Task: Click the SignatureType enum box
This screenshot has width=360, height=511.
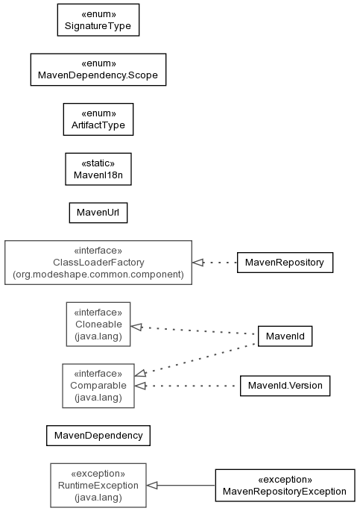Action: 98,20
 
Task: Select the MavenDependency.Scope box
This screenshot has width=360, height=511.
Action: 98,69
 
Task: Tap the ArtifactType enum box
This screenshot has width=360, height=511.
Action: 98,119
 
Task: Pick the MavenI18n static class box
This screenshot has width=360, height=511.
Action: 98,169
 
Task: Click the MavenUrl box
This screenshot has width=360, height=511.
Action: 98,213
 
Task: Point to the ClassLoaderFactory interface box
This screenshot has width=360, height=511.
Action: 98,263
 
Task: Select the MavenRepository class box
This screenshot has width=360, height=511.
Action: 285,263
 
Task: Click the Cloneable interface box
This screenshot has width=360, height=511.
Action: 98,325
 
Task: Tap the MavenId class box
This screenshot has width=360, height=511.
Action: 285,336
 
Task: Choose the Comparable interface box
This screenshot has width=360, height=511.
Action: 98,386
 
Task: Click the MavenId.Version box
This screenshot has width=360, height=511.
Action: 285,386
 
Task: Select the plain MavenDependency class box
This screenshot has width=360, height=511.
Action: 98,436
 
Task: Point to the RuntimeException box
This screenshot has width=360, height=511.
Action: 98,485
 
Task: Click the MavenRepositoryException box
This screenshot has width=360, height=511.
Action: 285,485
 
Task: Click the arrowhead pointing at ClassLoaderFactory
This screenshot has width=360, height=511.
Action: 198,263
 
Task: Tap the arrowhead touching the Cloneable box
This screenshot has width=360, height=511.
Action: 136,327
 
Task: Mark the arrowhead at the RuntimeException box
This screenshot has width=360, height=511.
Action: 152,485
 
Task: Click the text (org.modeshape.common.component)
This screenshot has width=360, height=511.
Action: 98,275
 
